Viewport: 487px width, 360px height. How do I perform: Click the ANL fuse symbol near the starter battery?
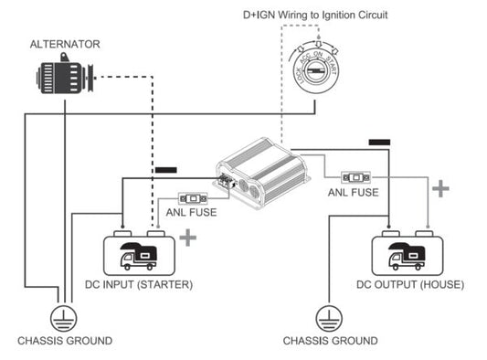[193, 197]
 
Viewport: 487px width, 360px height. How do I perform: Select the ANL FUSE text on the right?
[354, 193]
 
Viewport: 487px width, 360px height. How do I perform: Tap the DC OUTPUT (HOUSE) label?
[409, 284]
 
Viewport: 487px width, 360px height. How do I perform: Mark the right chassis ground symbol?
[330, 318]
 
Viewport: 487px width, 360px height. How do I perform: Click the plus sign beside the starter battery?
[188, 238]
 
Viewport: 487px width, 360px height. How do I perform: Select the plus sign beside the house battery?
[441, 189]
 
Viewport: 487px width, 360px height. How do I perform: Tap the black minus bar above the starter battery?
[167, 170]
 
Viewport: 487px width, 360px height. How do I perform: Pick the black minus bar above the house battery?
[379, 143]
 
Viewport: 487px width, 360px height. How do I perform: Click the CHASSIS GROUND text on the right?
[330, 341]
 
